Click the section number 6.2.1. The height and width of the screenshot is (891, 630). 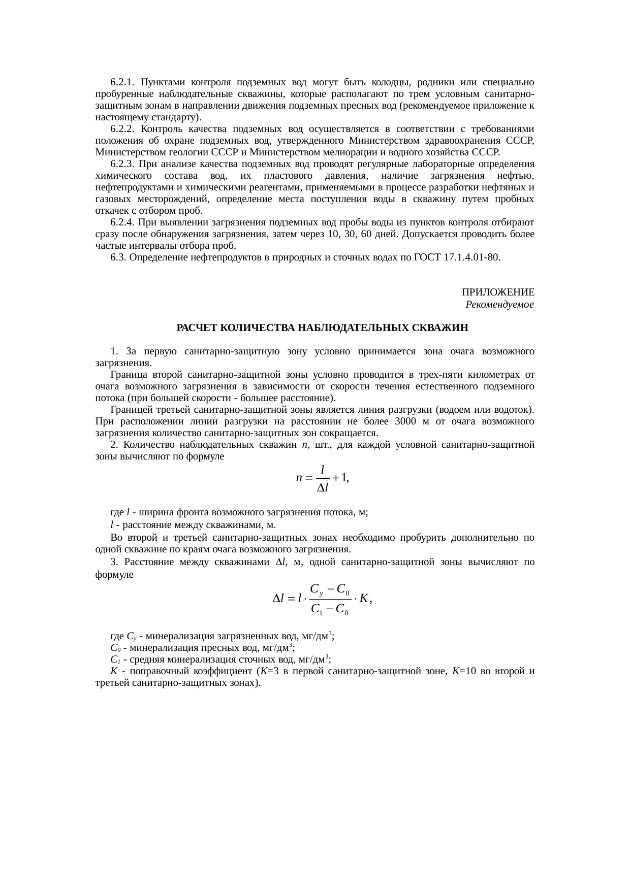point(122,82)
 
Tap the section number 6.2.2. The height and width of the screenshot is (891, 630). point(122,129)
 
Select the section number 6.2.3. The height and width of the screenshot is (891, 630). point(122,164)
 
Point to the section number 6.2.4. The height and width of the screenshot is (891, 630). point(122,222)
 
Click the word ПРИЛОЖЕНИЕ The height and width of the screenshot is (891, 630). point(497,292)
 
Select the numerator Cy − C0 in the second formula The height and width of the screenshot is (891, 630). point(329,590)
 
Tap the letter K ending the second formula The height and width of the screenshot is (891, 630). point(364,599)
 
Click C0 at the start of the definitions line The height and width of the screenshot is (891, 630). point(115,648)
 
